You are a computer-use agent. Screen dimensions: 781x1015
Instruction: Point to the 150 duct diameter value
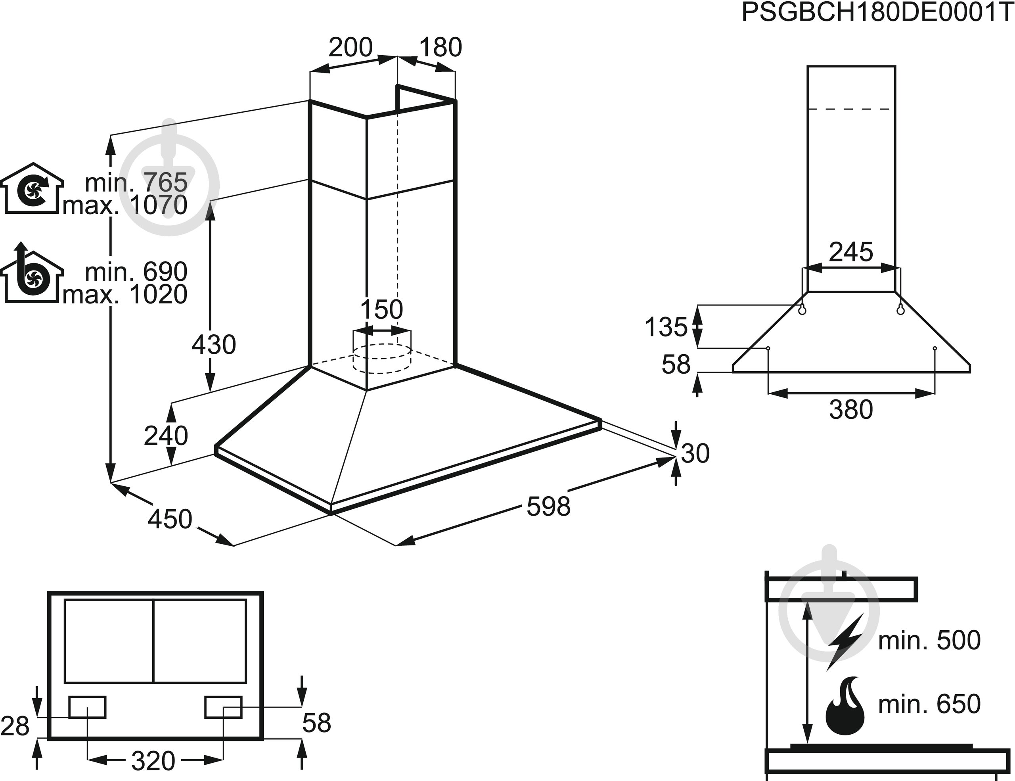click(381, 309)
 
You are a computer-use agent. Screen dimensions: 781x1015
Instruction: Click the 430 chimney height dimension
click(214, 345)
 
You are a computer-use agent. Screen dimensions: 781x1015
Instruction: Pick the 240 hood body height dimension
click(166, 436)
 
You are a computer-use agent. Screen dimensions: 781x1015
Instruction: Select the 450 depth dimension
click(170, 519)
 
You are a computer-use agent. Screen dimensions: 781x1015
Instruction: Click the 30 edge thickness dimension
click(695, 453)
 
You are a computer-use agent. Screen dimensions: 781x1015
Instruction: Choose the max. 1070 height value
click(125, 205)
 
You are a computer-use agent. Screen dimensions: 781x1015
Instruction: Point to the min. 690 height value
click(136, 271)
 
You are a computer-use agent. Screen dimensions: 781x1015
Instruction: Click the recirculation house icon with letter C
click(32, 189)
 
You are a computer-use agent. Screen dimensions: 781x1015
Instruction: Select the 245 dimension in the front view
click(851, 252)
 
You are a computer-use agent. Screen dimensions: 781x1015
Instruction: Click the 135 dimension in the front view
click(666, 326)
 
